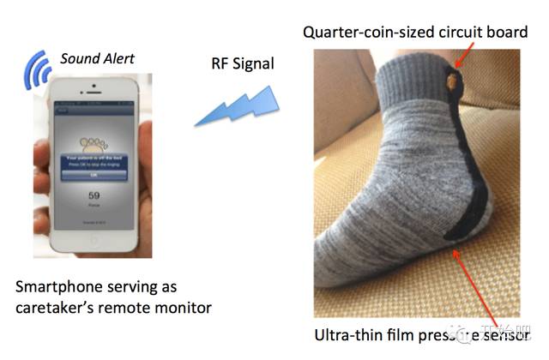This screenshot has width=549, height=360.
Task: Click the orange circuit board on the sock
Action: coord(451,84)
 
